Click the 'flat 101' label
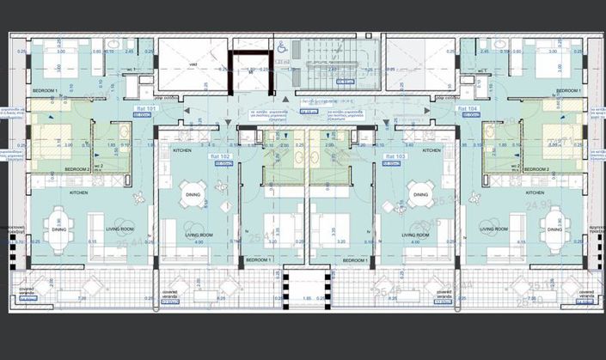pos(147,109)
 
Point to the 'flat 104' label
pos(468,109)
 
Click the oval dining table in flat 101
pos(58,229)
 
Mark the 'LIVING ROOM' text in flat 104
pos(493,229)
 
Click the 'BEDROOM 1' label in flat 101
pos(45,90)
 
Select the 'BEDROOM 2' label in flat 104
pos(560,170)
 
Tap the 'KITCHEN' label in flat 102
pos(181,150)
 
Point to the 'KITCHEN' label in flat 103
pos(432,150)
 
